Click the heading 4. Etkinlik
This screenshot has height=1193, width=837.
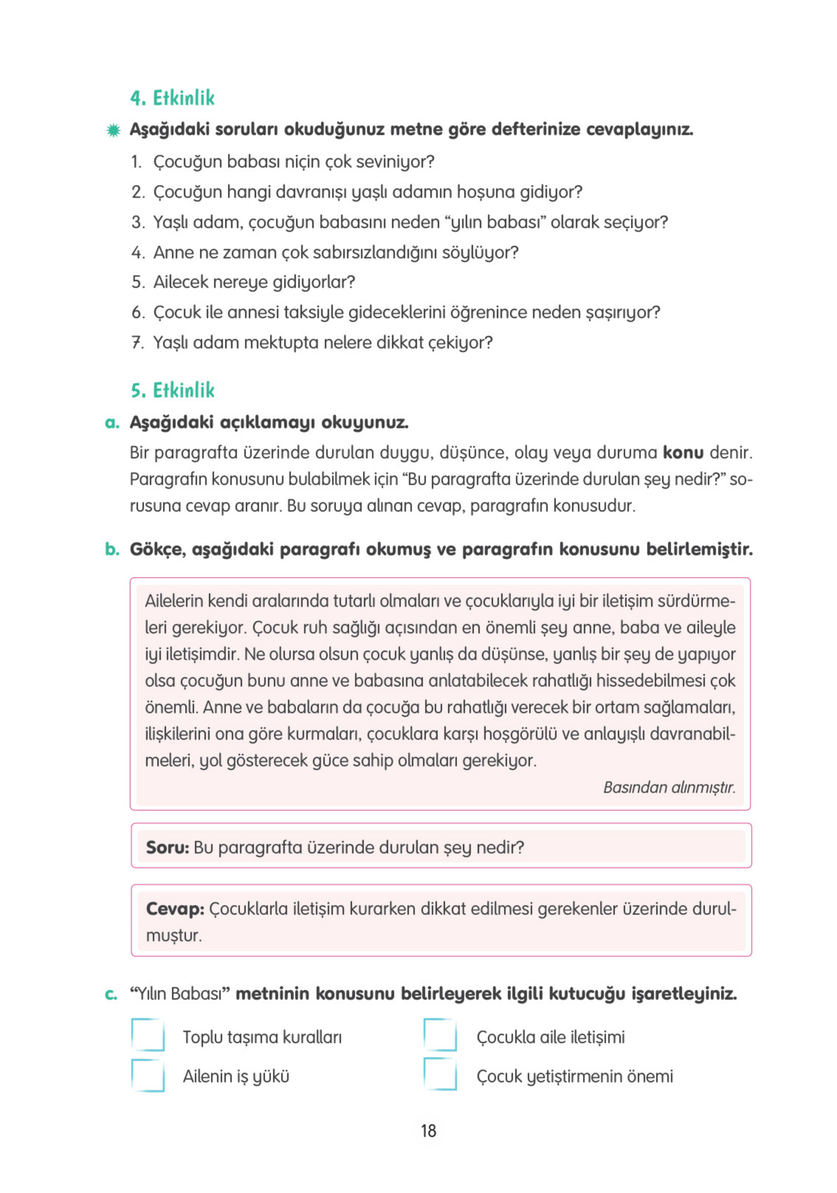click(x=172, y=97)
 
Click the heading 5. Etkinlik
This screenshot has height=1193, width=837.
click(x=172, y=390)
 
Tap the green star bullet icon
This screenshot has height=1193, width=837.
click(x=113, y=130)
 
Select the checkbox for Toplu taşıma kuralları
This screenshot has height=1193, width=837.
click(x=148, y=1035)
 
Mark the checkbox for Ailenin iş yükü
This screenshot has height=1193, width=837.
click(x=148, y=1075)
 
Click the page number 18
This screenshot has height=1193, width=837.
click(x=428, y=1130)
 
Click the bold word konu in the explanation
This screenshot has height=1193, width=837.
click(x=682, y=452)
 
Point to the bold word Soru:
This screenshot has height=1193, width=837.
click(x=167, y=848)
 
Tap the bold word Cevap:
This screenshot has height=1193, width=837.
click(x=175, y=909)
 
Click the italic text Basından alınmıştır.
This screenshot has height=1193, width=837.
click(x=669, y=787)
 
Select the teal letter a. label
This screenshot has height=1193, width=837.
click(x=112, y=422)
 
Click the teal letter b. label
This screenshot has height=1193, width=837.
click(x=112, y=549)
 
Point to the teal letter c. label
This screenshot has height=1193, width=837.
click(x=111, y=994)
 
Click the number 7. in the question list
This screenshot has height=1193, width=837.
click(x=137, y=343)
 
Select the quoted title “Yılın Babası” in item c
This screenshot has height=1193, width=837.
click(x=180, y=994)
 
